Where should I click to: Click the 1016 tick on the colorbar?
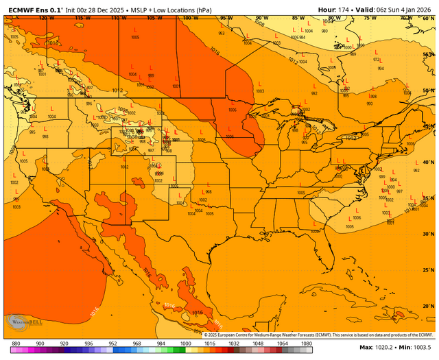tap(210, 343)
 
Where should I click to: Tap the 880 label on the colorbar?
tap(16, 343)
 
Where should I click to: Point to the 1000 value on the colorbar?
tap(185, 343)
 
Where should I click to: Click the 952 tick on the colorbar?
tap(112, 343)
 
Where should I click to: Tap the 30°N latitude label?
tap(428, 234)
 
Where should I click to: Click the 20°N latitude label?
tap(428, 306)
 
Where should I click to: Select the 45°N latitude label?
tap(428, 126)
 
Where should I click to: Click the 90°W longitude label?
tap(261, 19)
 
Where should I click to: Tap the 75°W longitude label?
tap(370, 19)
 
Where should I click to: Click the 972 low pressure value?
tap(377, 60)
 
